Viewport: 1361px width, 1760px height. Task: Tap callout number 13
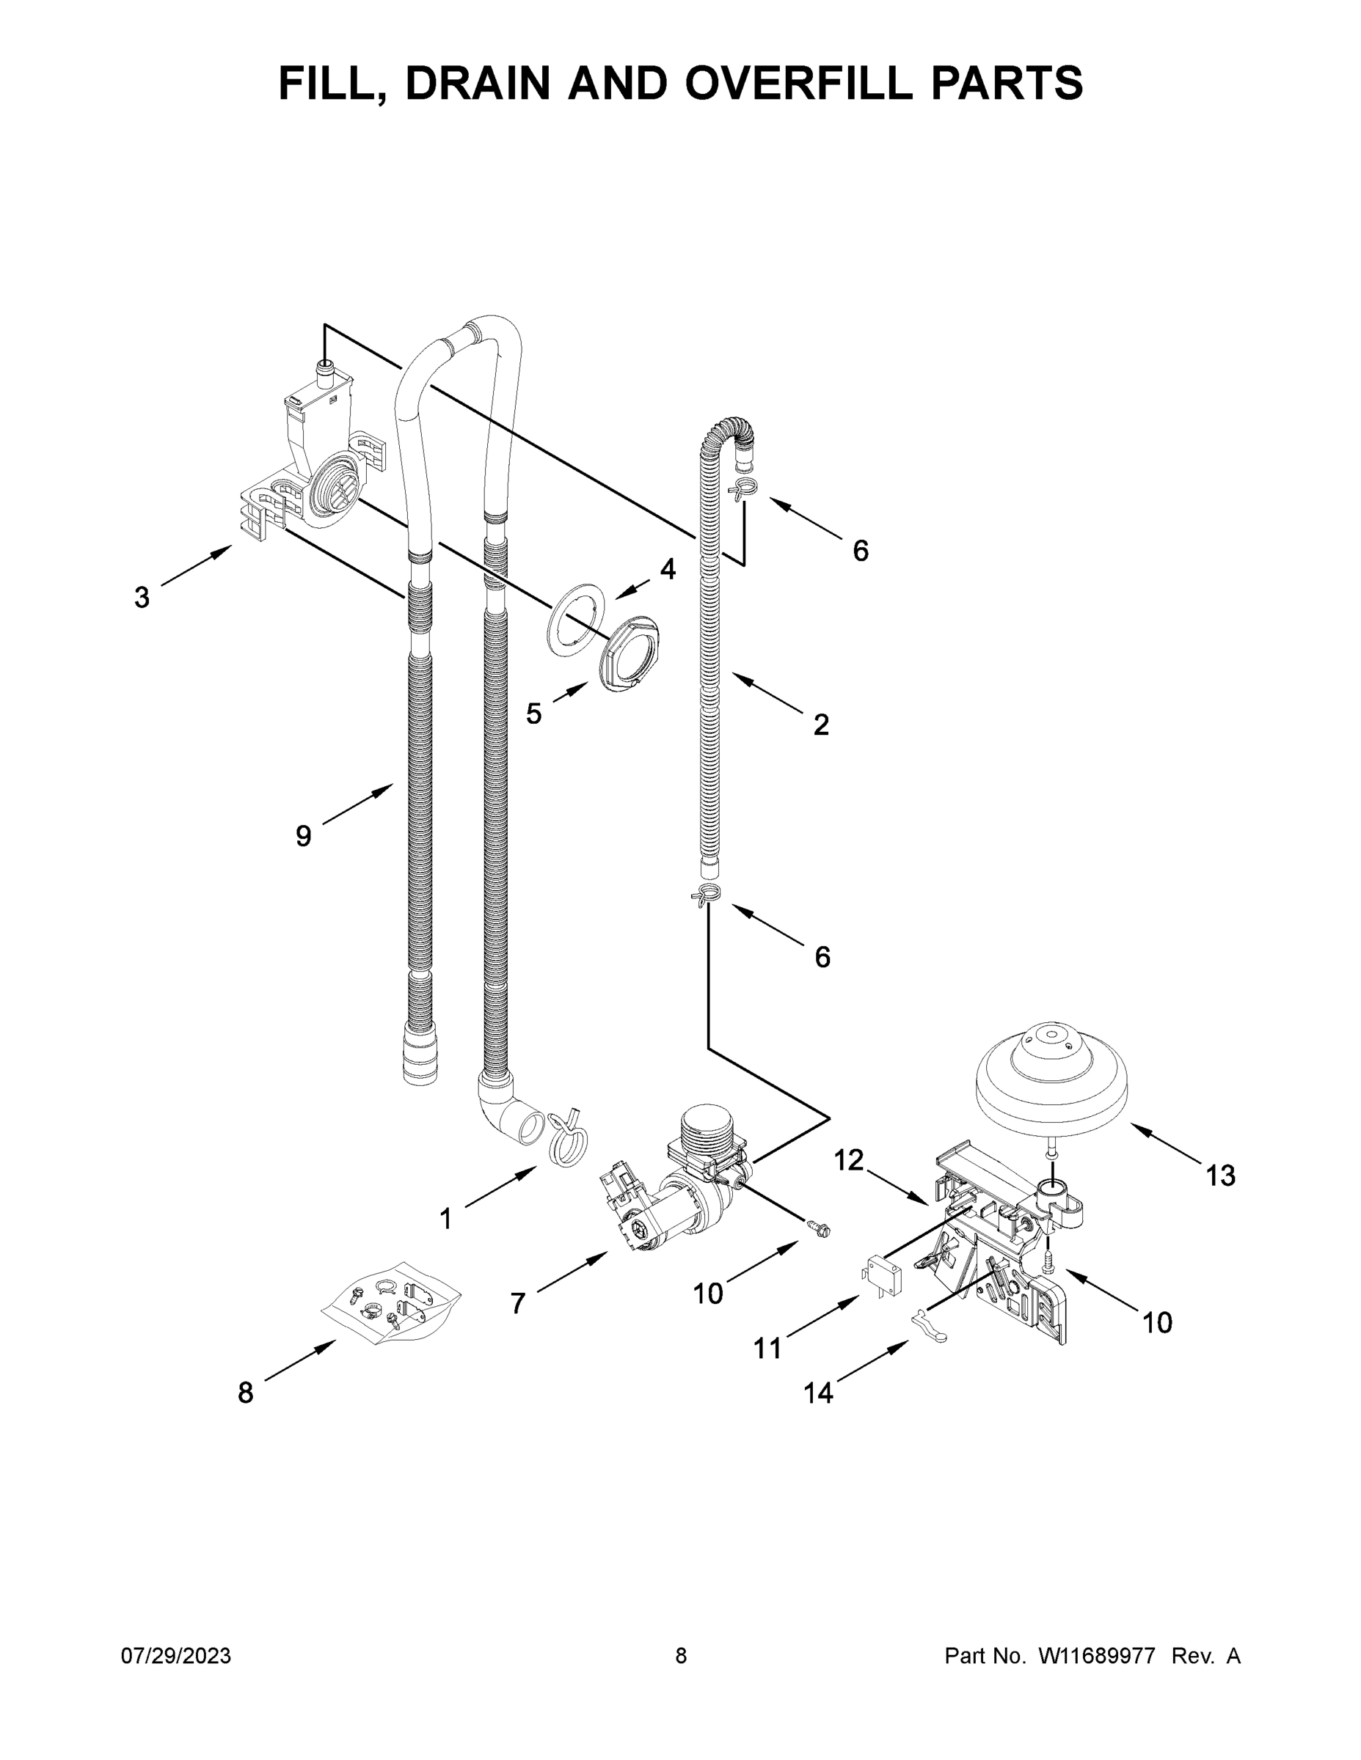tap(1220, 1176)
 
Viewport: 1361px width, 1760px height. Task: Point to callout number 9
tap(302, 837)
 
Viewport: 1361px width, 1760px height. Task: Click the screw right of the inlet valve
tap(817, 1228)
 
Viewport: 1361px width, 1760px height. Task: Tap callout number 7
tap(518, 1303)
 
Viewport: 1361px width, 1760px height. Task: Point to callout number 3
tap(141, 598)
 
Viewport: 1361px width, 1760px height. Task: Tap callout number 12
tap(848, 1160)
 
